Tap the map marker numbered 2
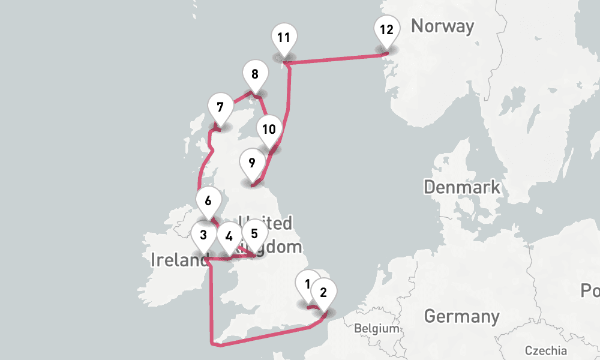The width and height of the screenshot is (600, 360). click(324, 293)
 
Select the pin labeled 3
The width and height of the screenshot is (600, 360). click(204, 235)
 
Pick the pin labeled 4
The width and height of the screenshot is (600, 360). click(229, 236)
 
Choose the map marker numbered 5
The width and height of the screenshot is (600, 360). click(254, 233)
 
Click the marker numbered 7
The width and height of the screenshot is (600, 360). click(220, 108)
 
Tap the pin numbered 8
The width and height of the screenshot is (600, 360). click(255, 75)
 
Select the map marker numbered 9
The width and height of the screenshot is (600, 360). click(251, 163)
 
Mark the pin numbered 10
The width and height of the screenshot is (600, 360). click(269, 129)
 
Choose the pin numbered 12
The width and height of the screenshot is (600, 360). click(386, 29)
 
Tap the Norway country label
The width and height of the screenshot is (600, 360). click(442, 26)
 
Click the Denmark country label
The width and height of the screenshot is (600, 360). click(461, 187)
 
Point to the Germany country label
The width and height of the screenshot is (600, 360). click(461, 316)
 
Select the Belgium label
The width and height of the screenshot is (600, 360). click(376, 329)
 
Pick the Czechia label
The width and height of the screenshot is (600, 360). click(546, 351)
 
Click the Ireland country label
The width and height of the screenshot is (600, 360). click(177, 260)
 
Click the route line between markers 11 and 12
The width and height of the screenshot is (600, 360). click(336, 59)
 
